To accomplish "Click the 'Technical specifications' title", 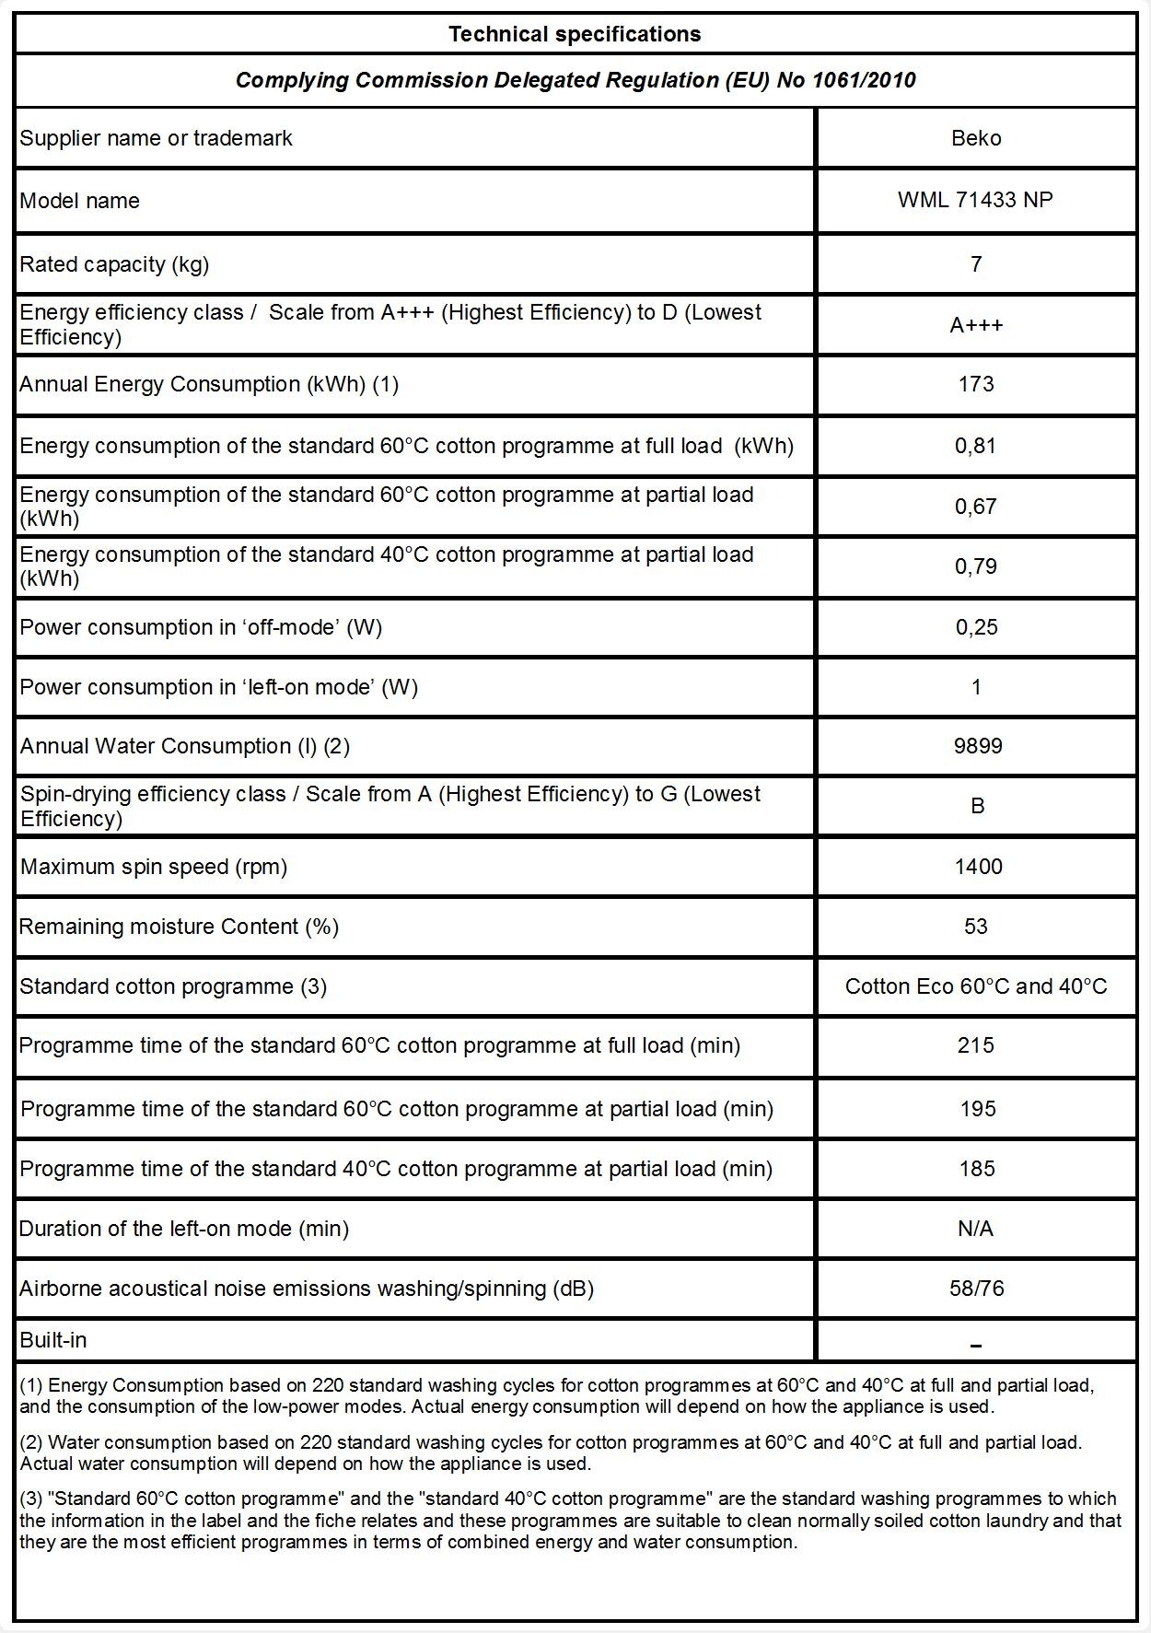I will click(575, 34).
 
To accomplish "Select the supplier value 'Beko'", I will click(976, 138).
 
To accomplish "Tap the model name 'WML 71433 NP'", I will click(975, 201).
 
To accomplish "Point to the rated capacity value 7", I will click(976, 264).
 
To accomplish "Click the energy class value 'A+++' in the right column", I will click(976, 325).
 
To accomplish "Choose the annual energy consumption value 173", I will click(976, 384).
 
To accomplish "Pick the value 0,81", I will click(976, 446).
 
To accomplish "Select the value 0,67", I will click(976, 507).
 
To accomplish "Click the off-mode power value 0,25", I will click(976, 627).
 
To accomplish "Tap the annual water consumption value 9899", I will click(978, 746).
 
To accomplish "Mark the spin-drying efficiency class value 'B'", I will click(978, 806).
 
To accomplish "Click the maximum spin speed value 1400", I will click(979, 867).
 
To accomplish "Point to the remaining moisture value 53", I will click(976, 927).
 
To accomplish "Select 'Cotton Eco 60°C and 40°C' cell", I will click(976, 986).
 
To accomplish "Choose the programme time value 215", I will click(976, 1045).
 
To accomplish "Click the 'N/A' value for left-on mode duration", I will click(976, 1229).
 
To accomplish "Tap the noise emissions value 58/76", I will click(977, 1289).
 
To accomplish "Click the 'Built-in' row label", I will click(53, 1340).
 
